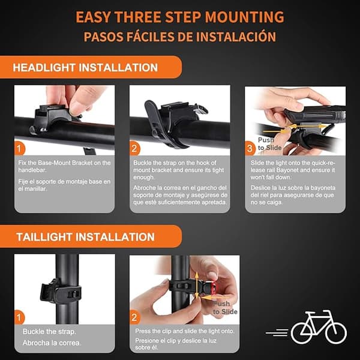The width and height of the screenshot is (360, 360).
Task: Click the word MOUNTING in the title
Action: [x=245, y=17]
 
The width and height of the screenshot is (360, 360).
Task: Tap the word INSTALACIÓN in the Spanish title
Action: [x=236, y=37]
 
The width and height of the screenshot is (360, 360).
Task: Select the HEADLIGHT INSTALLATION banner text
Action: [x=85, y=68]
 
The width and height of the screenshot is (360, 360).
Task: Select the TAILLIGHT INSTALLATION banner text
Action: [x=85, y=237]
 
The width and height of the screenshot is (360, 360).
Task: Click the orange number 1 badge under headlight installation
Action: [x=19, y=149]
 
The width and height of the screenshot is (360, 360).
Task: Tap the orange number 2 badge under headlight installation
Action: [x=134, y=149]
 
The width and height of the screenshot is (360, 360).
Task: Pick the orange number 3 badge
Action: [x=250, y=149]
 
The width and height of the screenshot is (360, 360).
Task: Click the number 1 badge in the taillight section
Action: [x=19, y=317]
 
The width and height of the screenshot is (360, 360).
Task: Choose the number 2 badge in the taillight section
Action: [x=134, y=317]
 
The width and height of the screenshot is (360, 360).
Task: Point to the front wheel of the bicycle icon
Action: [x=336, y=332]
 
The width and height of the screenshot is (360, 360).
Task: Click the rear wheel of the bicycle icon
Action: [x=302, y=332]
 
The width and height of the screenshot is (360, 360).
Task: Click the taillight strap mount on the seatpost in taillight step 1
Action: [x=61, y=290]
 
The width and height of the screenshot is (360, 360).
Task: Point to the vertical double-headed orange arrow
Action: [x=197, y=286]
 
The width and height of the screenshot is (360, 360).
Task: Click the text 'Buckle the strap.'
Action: [x=49, y=332]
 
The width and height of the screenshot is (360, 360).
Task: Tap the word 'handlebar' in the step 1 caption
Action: [x=32, y=170]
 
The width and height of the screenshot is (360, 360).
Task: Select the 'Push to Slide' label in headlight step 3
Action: [x=269, y=144]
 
